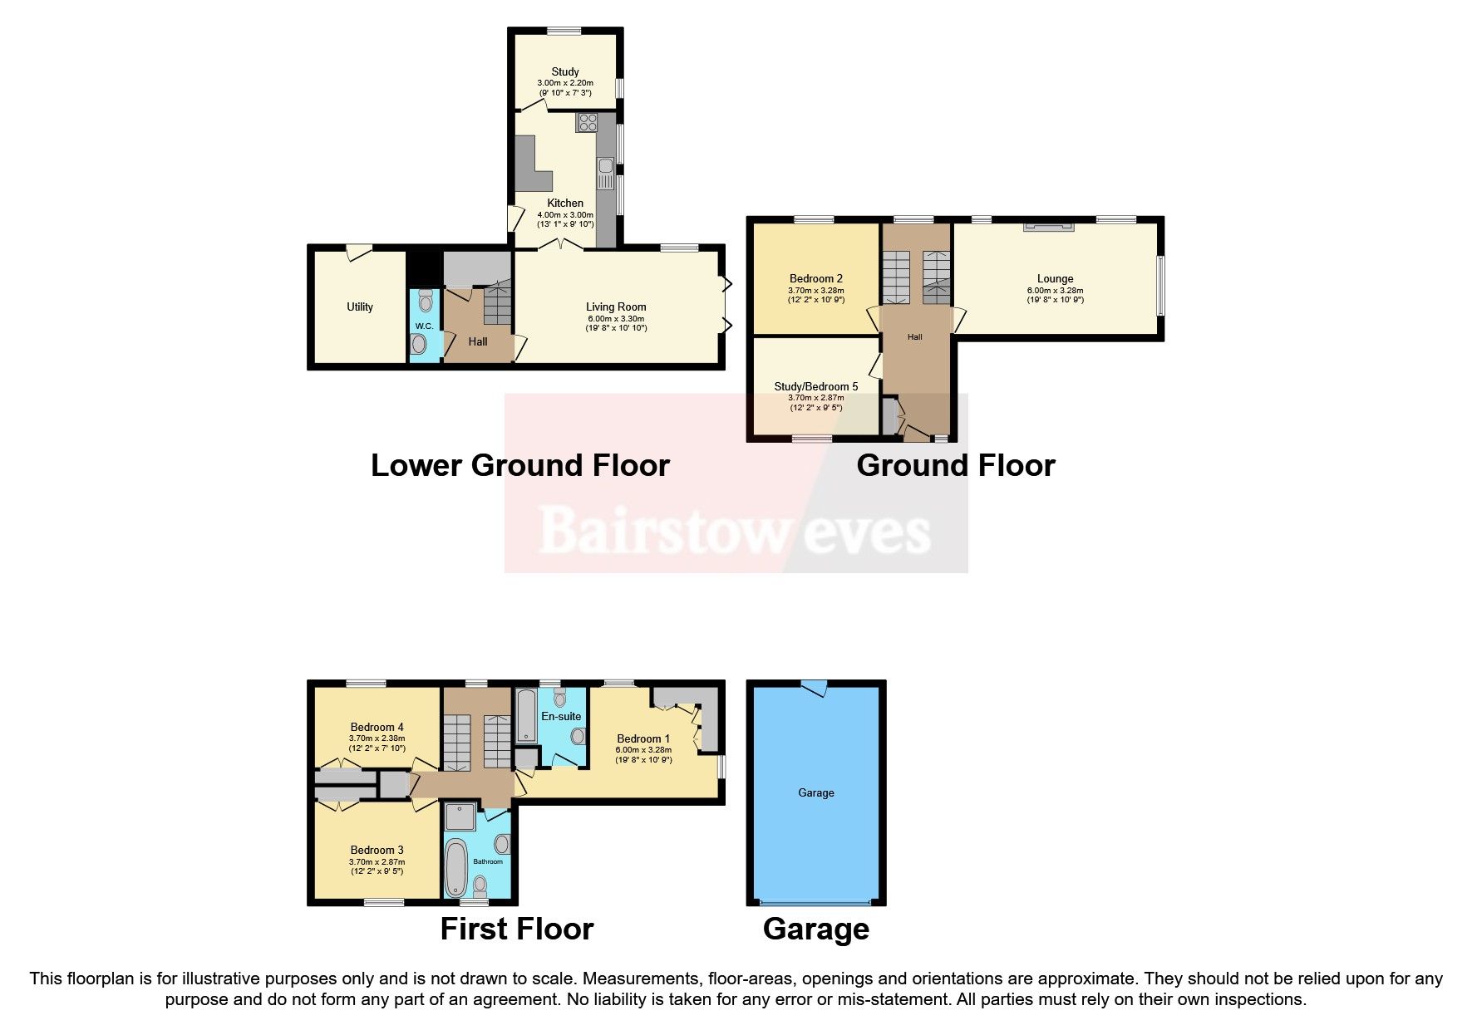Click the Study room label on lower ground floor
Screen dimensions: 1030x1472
coord(565,71)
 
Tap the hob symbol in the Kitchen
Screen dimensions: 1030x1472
coord(588,122)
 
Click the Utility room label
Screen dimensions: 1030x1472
coord(359,307)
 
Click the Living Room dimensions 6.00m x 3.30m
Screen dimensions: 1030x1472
coord(615,318)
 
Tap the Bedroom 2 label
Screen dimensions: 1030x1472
coord(815,278)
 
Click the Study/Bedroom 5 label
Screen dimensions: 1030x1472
coord(815,386)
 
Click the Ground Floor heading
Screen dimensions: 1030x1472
coord(955,465)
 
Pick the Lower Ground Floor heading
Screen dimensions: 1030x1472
coord(519,465)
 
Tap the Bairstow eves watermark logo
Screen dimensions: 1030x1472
coord(735,530)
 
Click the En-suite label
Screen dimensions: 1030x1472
coord(561,716)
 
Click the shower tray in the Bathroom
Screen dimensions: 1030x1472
coord(460,817)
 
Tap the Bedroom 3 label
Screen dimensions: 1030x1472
coord(377,850)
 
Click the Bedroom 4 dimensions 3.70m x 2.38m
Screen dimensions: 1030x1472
coord(377,738)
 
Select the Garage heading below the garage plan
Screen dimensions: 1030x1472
coord(815,929)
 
